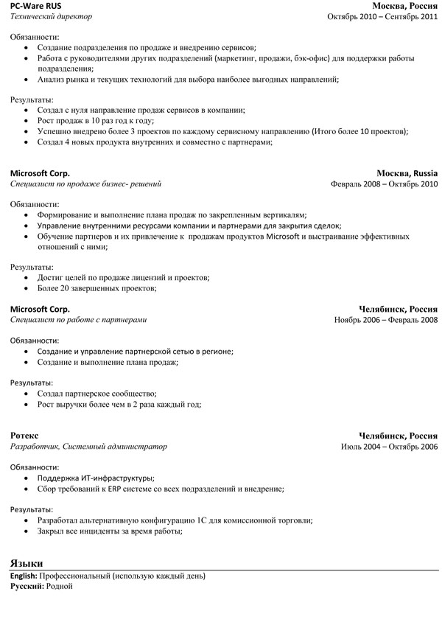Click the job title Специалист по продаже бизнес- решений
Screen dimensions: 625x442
[85, 184]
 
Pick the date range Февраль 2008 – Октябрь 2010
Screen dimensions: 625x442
[384, 184]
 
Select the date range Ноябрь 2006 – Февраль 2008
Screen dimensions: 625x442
[385, 321]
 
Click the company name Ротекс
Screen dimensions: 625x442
[24, 436]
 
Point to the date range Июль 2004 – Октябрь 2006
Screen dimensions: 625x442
[389, 446]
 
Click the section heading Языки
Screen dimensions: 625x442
[27, 562]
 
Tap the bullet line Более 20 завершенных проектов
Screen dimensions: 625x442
[96, 289]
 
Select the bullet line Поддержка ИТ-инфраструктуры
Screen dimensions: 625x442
[95, 478]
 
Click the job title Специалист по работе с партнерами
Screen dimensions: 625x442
[78, 321]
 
